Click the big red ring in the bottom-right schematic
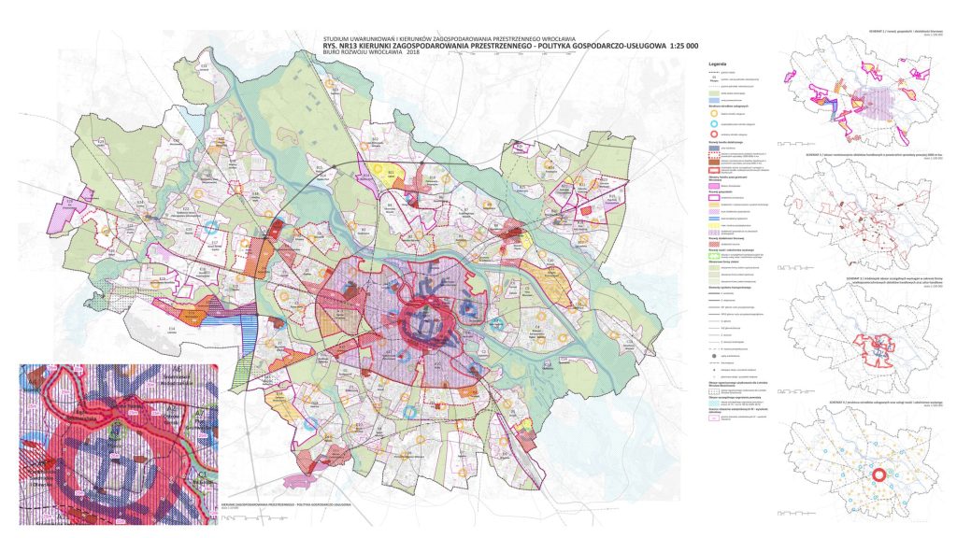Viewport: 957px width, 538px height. coord(878,475)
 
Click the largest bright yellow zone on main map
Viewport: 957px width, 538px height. coord(379,170)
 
